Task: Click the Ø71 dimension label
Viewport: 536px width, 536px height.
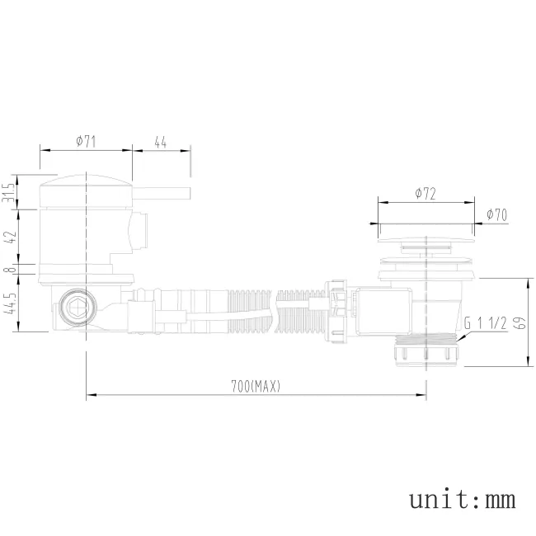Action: pos(86,142)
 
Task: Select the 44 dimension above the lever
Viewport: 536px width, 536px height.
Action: pos(161,142)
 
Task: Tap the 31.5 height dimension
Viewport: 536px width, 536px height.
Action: pos(10,192)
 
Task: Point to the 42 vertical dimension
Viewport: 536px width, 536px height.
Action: pos(10,237)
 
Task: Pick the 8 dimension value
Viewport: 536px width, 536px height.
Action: pos(10,270)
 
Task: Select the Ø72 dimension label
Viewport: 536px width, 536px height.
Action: pos(426,193)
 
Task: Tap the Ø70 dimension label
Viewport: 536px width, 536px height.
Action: pos(496,214)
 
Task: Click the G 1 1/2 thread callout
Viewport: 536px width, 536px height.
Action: pos(485,323)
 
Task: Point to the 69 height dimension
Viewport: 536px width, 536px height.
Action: pos(519,322)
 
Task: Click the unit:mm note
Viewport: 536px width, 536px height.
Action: pos(462,499)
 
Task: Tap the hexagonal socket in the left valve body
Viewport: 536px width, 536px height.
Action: pos(74,308)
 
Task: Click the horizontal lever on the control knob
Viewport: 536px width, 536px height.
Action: pos(162,196)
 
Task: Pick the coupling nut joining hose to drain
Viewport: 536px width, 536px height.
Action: pos(336,311)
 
